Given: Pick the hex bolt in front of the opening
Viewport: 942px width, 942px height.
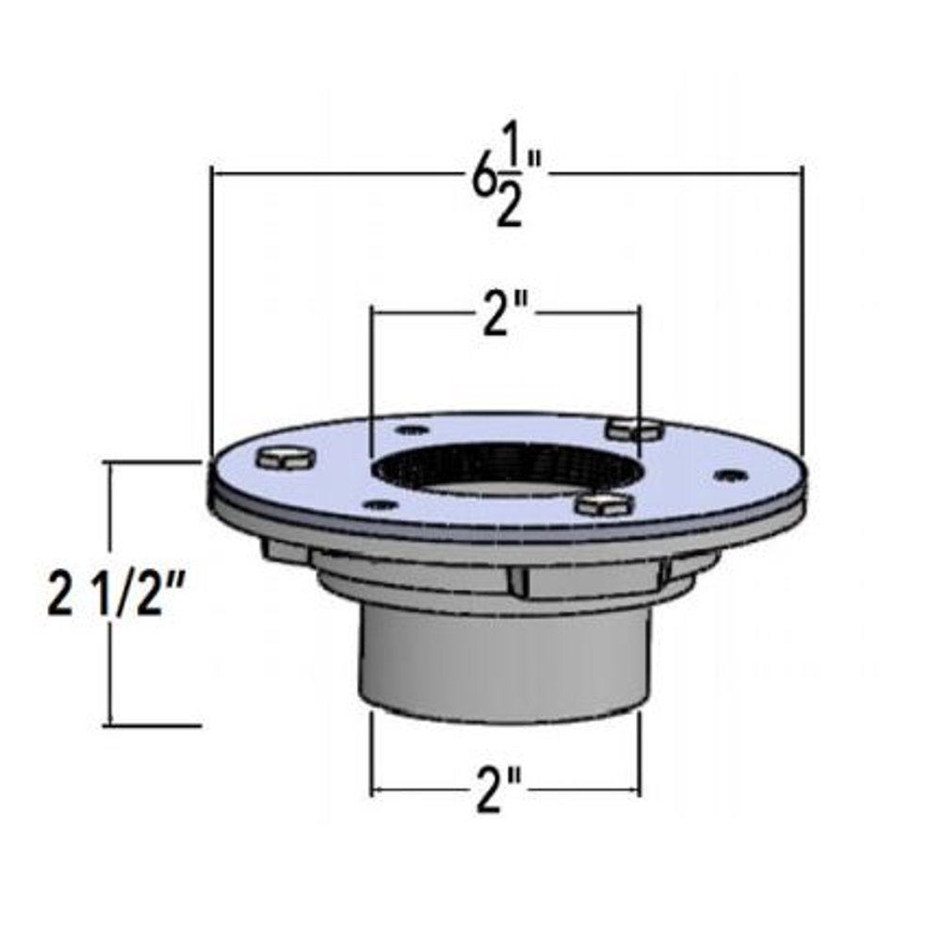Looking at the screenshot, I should (603, 503).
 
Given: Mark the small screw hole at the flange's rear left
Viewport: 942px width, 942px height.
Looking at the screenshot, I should (407, 430).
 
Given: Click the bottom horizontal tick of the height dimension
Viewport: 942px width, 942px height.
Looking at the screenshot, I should (155, 725).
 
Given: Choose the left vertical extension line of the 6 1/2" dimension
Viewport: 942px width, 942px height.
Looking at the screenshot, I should (210, 311).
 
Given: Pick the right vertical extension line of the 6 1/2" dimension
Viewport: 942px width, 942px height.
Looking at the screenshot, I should (802, 311).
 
